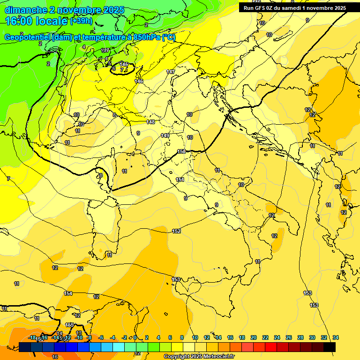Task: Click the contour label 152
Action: pos(176,231)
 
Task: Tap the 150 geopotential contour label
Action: pos(181,151)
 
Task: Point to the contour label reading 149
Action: pos(165,135)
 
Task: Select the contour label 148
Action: pos(150,122)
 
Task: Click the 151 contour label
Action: pos(180,180)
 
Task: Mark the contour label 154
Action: pos(68,293)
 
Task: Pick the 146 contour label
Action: pos(139,81)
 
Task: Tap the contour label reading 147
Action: pos(171,72)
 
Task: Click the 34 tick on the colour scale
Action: pos(336,337)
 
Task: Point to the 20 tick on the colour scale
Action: pos(253,337)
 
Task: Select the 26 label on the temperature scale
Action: pos(288,337)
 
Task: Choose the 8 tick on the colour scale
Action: pos(182,337)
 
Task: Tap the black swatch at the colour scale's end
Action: pos(329,346)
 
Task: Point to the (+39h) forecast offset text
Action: pos(81,22)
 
